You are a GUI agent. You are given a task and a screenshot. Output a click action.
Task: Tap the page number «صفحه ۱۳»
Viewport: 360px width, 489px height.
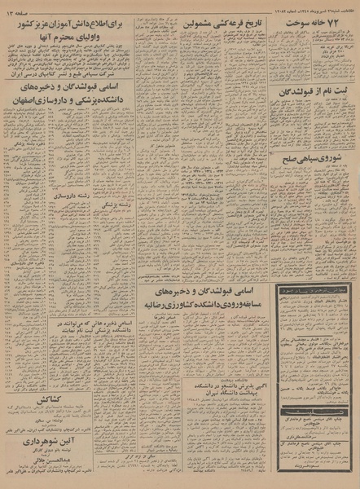[x=19, y=8]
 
